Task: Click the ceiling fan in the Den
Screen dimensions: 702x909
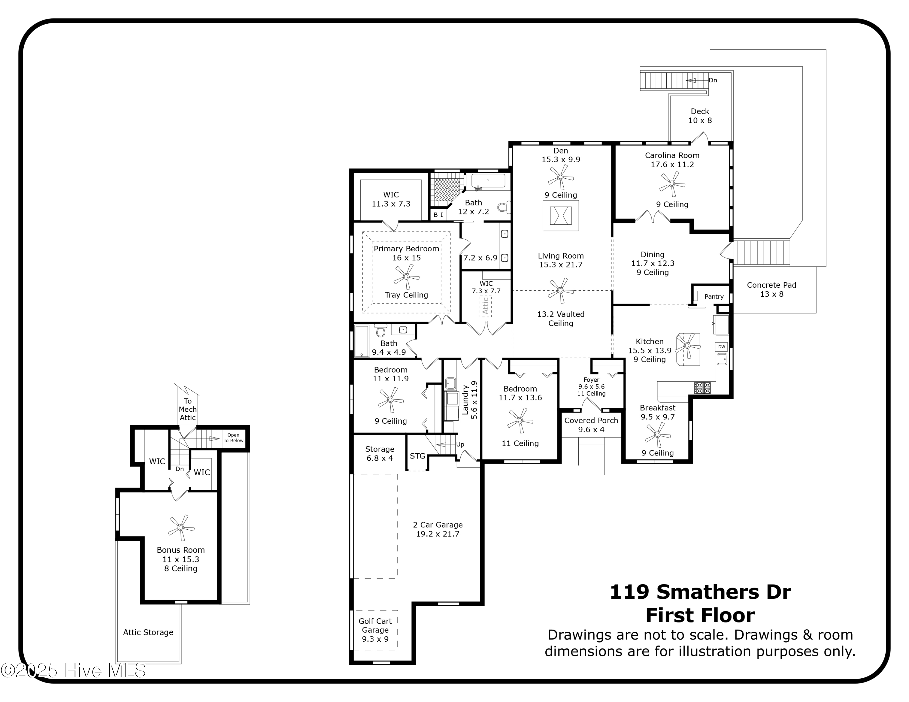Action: pyautogui.click(x=560, y=177)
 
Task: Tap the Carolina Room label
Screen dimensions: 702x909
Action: pyautogui.click(x=672, y=156)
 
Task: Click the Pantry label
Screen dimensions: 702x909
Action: pyautogui.click(x=714, y=296)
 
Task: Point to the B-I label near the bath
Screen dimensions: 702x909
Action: pyautogui.click(x=438, y=215)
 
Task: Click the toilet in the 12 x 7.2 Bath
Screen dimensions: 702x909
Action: pyautogui.click(x=504, y=207)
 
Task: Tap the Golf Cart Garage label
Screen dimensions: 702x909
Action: pyautogui.click(x=375, y=625)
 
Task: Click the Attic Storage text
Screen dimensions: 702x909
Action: pyautogui.click(x=148, y=632)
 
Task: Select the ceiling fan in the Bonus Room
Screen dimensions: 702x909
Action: pyautogui.click(x=181, y=527)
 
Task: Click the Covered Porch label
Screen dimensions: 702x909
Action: pyautogui.click(x=591, y=420)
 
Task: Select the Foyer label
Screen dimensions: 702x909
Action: pyautogui.click(x=591, y=380)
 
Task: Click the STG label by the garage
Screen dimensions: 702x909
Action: pyautogui.click(x=418, y=456)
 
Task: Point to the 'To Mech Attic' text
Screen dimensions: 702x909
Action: pyautogui.click(x=188, y=409)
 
